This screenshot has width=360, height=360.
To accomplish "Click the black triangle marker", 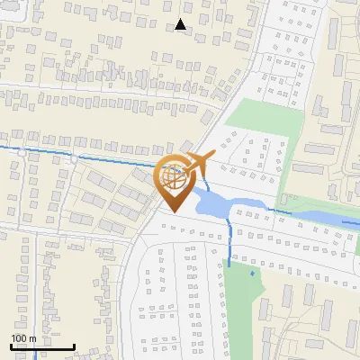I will pos(181,24).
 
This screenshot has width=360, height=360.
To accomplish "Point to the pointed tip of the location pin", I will pos(172,211).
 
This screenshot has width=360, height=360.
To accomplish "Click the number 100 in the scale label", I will pos(19,338).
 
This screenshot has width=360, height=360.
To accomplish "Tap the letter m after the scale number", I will pos(32,338).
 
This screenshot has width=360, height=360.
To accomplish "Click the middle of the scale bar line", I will pos(42,346).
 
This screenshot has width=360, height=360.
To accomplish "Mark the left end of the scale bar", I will pos(11,346).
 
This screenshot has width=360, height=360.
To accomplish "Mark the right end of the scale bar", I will pos(74,346).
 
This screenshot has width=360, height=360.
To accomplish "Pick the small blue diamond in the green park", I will pos(253,272).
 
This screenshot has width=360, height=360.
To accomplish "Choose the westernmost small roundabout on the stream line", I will pos(20,152).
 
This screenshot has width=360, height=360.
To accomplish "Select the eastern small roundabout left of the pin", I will pos(74,157).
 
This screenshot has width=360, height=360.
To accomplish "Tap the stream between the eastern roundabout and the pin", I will pos(117,162).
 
